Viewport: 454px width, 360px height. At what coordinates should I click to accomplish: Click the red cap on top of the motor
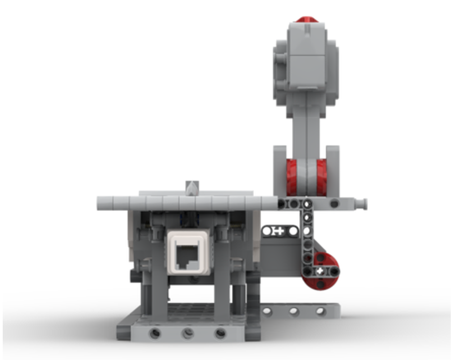307,20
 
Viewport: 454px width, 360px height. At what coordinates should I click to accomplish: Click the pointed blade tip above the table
192,187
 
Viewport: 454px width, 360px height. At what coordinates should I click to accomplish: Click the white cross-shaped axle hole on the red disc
321,271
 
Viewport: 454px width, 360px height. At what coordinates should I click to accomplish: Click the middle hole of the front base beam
188,334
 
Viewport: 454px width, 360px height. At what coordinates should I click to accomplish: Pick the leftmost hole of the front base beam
155,334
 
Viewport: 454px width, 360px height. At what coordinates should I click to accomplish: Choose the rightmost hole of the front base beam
220,334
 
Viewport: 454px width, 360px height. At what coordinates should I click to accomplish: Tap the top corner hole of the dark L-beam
307,204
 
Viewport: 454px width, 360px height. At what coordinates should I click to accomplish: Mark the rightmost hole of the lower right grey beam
321,311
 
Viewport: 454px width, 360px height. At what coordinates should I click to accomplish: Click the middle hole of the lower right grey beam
294,311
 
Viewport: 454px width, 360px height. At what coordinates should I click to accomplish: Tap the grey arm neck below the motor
307,127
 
